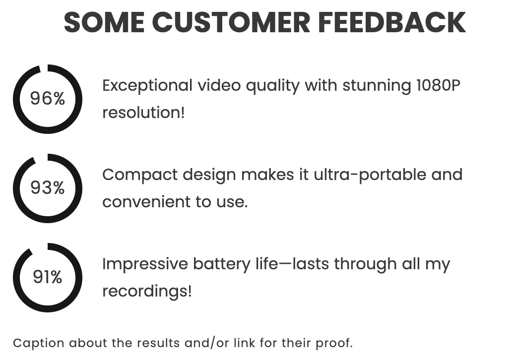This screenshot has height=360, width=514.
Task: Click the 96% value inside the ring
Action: [x=48, y=98]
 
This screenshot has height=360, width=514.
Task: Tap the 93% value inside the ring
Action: [x=48, y=188]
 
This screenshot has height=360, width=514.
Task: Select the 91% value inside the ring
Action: [x=48, y=277]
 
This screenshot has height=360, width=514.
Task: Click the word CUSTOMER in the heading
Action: [x=231, y=22]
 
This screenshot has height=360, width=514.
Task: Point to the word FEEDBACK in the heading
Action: [x=392, y=22]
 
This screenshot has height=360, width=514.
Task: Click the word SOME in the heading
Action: [x=104, y=22]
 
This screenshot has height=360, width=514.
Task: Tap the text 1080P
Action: [x=438, y=85]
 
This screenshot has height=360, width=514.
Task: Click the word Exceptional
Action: [x=147, y=85]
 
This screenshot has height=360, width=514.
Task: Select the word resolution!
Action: [x=143, y=113]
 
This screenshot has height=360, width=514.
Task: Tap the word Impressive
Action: [x=145, y=264]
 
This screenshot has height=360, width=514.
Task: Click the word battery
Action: [x=222, y=264]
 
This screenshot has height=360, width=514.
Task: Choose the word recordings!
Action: [x=147, y=291]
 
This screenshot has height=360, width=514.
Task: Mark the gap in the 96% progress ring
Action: [x=44, y=68]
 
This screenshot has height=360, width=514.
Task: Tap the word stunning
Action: [x=377, y=85]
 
